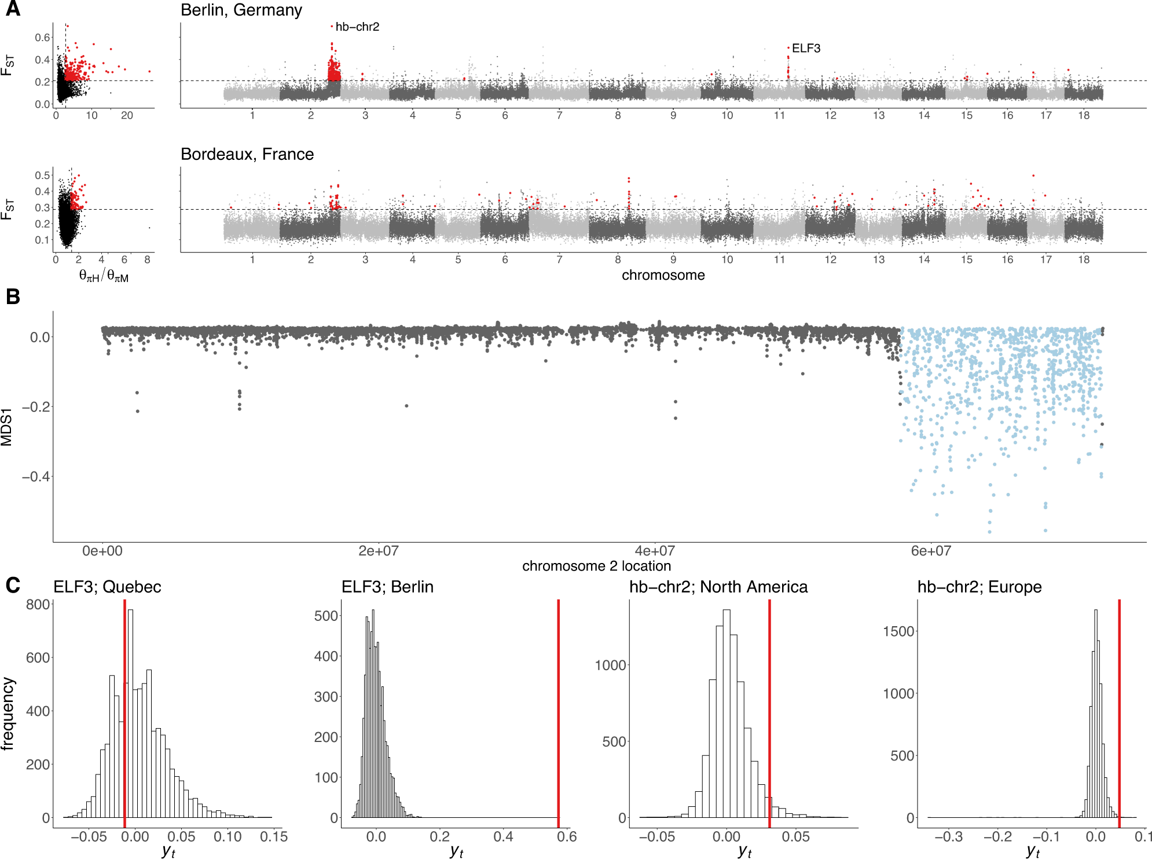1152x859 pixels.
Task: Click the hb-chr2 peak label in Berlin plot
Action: click(357, 27)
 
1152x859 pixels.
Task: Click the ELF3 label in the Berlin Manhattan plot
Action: click(806, 48)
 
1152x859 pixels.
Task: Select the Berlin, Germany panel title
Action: click(241, 10)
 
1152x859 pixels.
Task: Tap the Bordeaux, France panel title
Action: click(247, 154)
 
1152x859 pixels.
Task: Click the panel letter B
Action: click(13, 297)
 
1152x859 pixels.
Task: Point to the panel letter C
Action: click(13, 585)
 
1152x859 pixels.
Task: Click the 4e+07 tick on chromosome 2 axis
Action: click(655, 551)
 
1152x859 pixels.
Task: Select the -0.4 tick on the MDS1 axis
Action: click(35, 477)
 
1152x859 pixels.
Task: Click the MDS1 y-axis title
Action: click(7, 427)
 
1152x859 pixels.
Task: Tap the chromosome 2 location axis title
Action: click(596, 566)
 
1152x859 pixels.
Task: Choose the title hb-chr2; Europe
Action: click(979, 587)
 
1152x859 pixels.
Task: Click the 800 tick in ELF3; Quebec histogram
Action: click(38, 605)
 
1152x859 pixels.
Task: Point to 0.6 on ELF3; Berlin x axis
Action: click(567, 836)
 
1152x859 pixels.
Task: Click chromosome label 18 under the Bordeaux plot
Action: click(1084, 259)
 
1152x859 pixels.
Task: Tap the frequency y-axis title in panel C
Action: click(8, 714)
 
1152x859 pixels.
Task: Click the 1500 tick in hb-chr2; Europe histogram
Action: click(898, 631)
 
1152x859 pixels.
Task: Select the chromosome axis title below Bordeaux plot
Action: click(663, 275)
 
